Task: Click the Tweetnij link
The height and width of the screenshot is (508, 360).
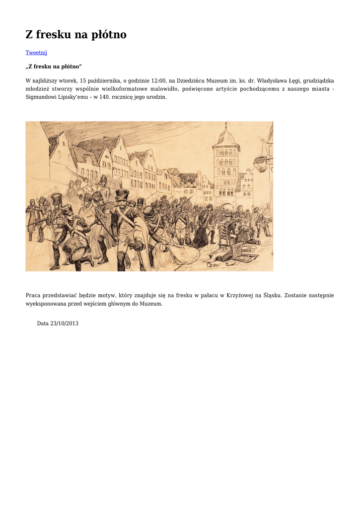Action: click(x=36, y=53)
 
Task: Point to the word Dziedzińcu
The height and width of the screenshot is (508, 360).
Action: click(x=196, y=80)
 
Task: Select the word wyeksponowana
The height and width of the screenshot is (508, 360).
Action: click(x=45, y=304)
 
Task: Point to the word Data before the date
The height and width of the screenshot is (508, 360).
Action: click(x=43, y=323)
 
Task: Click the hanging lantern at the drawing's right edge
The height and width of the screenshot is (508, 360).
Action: click(x=261, y=161)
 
